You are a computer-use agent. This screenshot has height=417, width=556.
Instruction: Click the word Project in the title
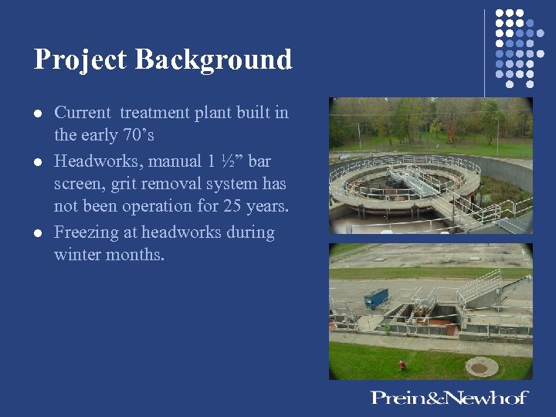(x=80, y=60)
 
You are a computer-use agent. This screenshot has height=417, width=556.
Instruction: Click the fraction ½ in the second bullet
(x=229, y=160)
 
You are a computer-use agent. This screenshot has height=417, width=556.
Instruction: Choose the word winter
(x=77, y=255)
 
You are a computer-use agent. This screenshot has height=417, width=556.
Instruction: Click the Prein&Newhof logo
(x=449, y=398)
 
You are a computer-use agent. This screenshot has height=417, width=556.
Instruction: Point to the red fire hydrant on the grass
(x=402, y=364)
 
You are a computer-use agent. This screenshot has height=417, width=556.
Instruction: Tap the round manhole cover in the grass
(x=480, y=368)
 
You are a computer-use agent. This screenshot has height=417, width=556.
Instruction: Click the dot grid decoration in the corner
(x=514, y=47)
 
